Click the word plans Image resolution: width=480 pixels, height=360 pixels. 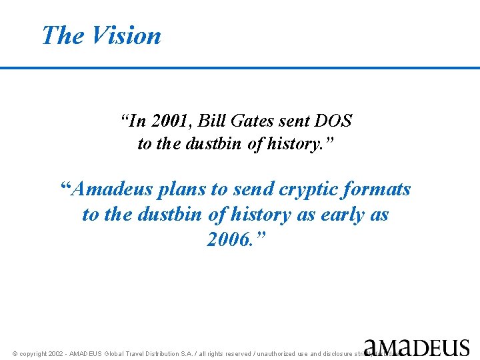coord(181,190)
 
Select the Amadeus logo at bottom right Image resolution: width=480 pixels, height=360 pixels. coord(417,347)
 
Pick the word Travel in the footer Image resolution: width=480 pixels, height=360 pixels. coord(142,354)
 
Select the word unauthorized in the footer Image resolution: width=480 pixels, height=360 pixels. coord(279,354)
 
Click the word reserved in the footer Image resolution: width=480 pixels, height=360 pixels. coord(237,354)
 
